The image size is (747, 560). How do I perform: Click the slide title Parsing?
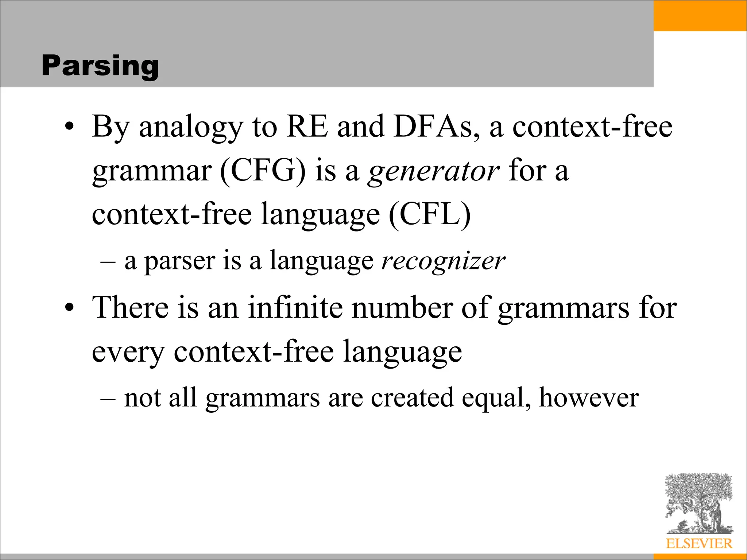100,66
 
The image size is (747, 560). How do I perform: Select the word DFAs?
433,127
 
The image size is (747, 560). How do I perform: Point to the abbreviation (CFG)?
263,171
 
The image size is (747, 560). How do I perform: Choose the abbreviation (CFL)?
430,214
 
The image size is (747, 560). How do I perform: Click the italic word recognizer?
443,261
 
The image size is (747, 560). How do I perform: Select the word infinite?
295,307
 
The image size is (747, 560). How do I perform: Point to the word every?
128,352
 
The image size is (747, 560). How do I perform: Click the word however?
589,397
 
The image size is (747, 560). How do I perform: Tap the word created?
412,397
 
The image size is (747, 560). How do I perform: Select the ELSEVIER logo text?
699,544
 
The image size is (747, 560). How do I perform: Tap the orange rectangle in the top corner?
700,15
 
